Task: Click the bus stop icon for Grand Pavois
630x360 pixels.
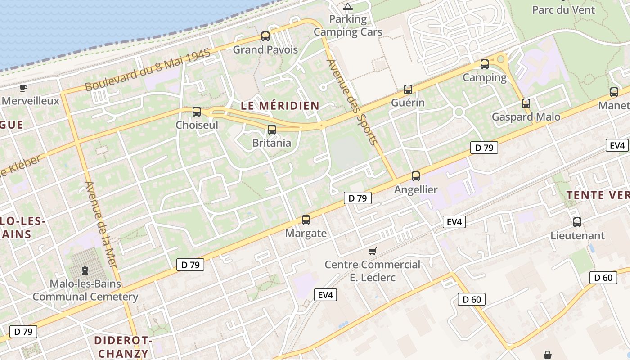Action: [x=265, y=36]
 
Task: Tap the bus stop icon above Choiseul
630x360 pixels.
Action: [x=197, y=112]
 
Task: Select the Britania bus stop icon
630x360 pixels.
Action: [x=272, y=130]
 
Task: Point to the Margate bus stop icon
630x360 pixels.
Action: [x=306, y=220]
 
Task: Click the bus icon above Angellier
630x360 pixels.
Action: [x=416, y=176]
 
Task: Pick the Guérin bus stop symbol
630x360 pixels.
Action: [x=408, y=90]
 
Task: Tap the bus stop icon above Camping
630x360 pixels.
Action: [x=485, y=64]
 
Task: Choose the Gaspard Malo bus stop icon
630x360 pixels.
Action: [x=526, y=103]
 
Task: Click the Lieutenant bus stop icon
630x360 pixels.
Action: [x=577, y=222]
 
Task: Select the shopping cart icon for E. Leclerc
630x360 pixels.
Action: [x=372, y=251]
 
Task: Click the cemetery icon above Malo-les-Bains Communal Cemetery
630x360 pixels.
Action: [x=85, y=270]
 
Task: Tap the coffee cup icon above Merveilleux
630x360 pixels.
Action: [x=23, y=87]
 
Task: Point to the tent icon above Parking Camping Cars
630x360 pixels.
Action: [x=347, y=6]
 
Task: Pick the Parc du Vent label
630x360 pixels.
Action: [x=563, y=10]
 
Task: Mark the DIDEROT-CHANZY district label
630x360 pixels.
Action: [x=123, y=347]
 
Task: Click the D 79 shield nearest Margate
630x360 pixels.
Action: [x=358, y=198]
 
